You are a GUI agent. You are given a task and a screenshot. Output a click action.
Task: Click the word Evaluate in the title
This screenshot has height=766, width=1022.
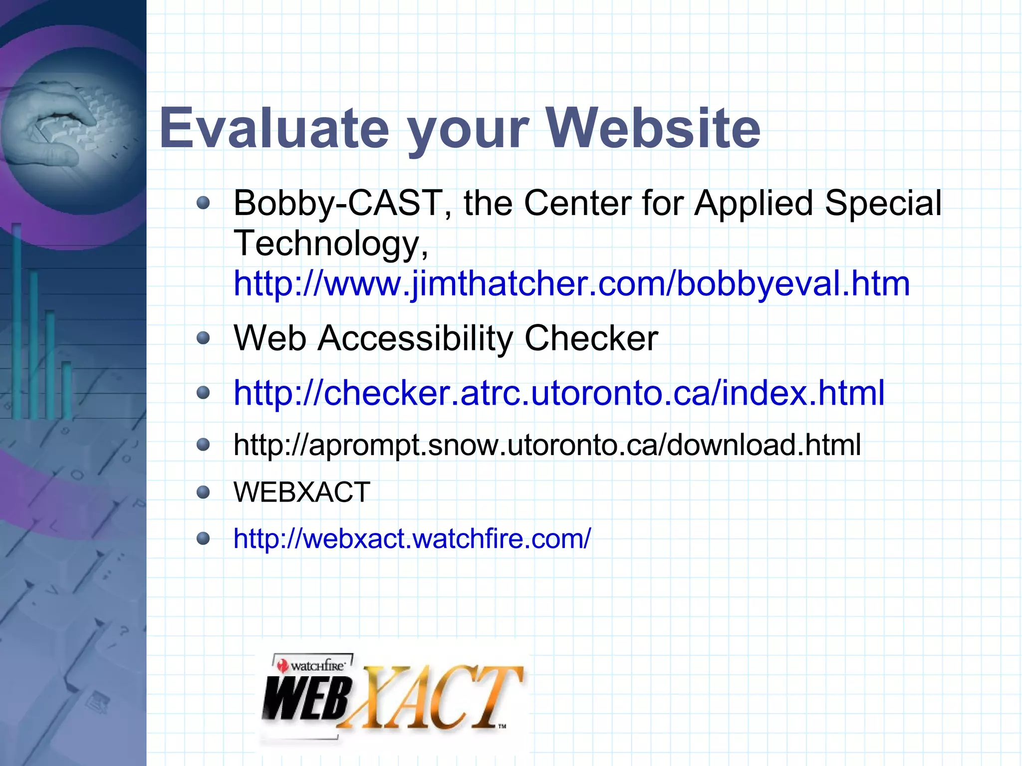pyautogui.click(x=273, y=129)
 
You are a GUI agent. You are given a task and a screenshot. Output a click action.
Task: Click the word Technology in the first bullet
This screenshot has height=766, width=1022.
pyautogui.click(x=326, y=244)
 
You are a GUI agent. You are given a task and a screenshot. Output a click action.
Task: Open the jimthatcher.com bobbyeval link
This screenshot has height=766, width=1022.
pyautogui.click(x=571, y=283)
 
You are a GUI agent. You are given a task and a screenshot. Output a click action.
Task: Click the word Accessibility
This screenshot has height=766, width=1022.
pyautogui.click(x=415, y=338)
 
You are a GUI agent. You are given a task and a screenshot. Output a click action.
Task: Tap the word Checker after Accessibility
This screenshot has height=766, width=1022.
pyautogui.click(x=591, y=338)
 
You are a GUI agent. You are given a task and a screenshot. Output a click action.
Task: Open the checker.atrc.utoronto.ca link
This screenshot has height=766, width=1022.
pyautogui.click(x=559, y=393)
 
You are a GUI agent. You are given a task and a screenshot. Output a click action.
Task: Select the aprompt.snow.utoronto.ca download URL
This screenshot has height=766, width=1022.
pyautogui.click(x=547, y=445)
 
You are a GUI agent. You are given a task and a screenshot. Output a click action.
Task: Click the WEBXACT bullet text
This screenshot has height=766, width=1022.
pyautogui.click(x=302, y=492)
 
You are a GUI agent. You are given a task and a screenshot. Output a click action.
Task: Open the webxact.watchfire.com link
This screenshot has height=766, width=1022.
pyautogui.click(x=412, y=538)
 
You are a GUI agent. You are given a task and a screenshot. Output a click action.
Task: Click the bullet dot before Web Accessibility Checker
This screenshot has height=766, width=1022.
pyautogui.click(x=203, y=339)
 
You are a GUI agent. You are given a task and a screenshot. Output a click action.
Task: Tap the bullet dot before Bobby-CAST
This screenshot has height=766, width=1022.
pyautogui.click(x=203, y=203)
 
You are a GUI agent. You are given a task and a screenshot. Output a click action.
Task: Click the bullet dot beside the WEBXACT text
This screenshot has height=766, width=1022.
pyautogui.click(x=203, y=493)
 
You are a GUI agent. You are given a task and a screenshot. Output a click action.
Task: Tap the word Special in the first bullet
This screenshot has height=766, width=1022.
pyautogui.click(x=883, y=204)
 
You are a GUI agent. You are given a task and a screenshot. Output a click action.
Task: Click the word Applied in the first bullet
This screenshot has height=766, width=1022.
pyautogui.click(x=754, y=204)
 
